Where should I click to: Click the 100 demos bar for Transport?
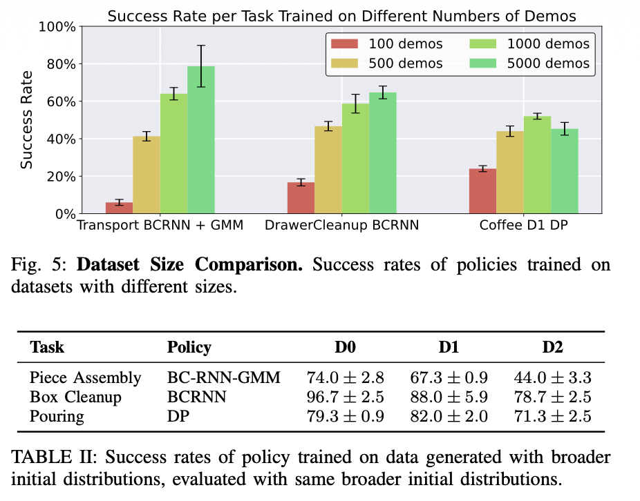119,208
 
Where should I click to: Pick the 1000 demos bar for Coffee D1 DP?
537,165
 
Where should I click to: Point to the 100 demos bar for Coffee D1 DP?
482,191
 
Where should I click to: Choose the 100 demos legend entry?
386,44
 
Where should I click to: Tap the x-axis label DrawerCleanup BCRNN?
342,226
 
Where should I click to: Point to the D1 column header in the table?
449,347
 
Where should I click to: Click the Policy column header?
189,347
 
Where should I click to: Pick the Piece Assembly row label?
85,378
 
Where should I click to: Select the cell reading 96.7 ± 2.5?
345,397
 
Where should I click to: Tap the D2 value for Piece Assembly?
552,378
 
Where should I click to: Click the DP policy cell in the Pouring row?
176,417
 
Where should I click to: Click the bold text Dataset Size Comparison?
190,266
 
